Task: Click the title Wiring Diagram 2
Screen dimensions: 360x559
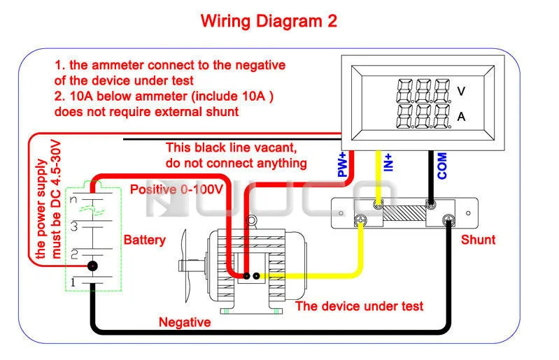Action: click(x=269, y=21)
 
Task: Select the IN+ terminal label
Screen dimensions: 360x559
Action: click(x=389, y=163)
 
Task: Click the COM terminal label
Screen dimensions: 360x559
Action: click(x=442, y=166)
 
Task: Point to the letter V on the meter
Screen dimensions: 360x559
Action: click(x=461, y=91)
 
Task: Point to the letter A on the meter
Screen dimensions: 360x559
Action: click(x=461, y=117)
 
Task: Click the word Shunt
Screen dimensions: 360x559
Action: click(x=478, y=240)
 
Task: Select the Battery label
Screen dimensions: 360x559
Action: click(x=145, y=240)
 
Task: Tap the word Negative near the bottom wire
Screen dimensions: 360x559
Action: click(x=185, y=322)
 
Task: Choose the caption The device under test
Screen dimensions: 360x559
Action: click(x=359, y=306)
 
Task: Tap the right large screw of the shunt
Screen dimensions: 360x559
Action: click(x=448, y=221)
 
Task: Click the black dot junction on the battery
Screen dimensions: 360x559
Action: click(x=92, y=266)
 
